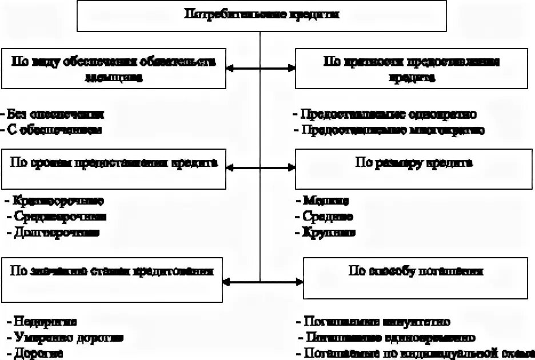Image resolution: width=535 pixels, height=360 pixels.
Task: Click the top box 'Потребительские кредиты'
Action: click(x=261, y=15)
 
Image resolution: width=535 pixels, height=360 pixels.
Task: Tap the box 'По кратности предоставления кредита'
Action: click(x=411, y=69)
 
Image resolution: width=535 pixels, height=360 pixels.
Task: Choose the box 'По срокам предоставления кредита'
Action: click(x=114, y=169)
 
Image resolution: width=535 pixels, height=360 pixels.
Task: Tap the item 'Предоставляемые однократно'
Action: click(x=389, y=114)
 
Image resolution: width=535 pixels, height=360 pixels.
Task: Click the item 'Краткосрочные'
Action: click(x=57, y=201)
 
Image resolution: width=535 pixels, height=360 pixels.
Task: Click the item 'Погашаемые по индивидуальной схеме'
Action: click(x=412, y=353)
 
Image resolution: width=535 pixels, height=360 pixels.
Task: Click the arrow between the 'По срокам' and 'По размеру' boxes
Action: click(x=261, y=168)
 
